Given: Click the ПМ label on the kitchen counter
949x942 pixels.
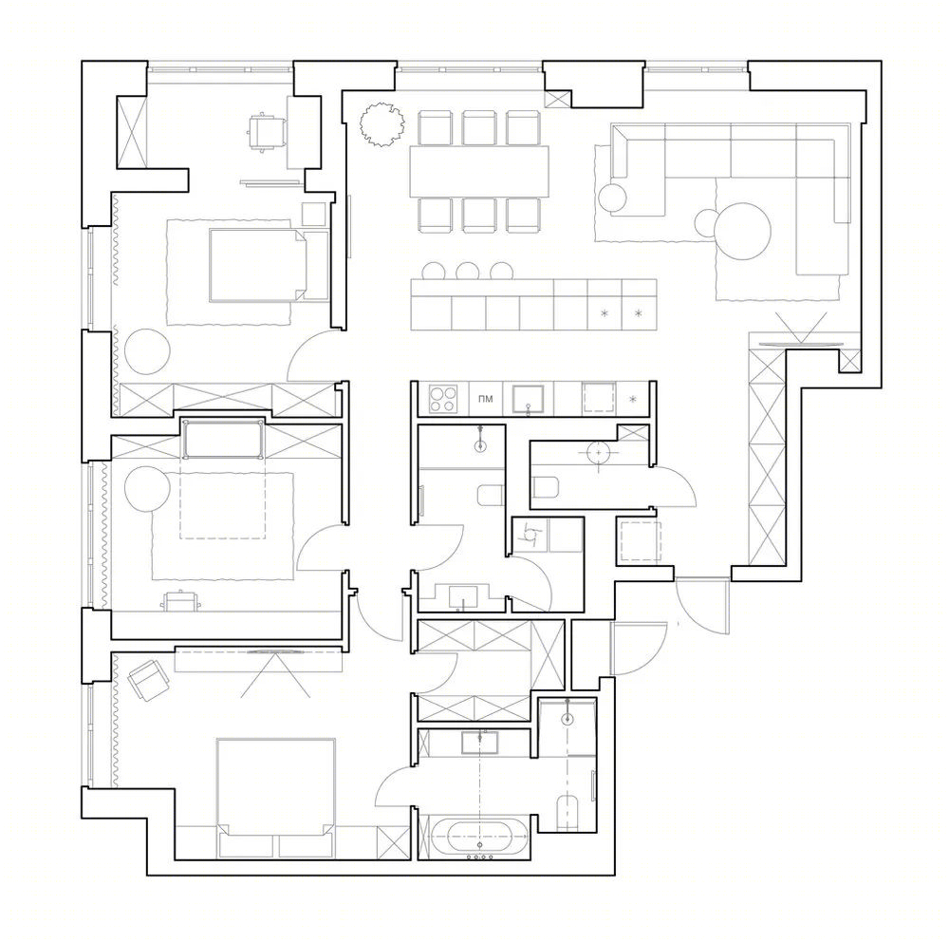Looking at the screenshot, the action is click(x=485, y=399).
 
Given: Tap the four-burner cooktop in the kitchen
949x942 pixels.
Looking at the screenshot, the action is click(x=442, y=399).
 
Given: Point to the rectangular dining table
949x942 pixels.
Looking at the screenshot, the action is click(x=479, y=172).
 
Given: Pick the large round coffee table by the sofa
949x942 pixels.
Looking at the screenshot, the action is click(x=743, y=232).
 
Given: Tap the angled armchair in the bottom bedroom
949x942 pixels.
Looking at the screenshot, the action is click(x=148, y=680).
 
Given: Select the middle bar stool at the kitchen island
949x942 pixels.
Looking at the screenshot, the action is click(x=467, y=271).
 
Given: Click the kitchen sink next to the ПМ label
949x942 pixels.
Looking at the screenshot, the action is click(x=529, y=399).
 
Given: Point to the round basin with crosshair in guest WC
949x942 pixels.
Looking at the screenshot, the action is click(x=599, y=452).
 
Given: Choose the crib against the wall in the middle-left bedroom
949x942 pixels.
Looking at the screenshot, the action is click(x=223, y=439).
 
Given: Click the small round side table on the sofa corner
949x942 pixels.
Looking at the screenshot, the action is click(x=613, y=197).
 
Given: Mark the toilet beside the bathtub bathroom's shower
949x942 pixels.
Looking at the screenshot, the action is click(x=568, y=813).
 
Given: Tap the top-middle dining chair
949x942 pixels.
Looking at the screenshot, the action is click(x=479, y=128).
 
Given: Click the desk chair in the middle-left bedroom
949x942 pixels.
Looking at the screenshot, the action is click(x=179, y=601).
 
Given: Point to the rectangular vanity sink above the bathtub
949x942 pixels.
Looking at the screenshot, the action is click(x=480, y=742).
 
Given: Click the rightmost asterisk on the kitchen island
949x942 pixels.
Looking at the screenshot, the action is click(x=638, y=313).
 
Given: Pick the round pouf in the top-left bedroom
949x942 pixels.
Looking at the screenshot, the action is click(x=147, y=350).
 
